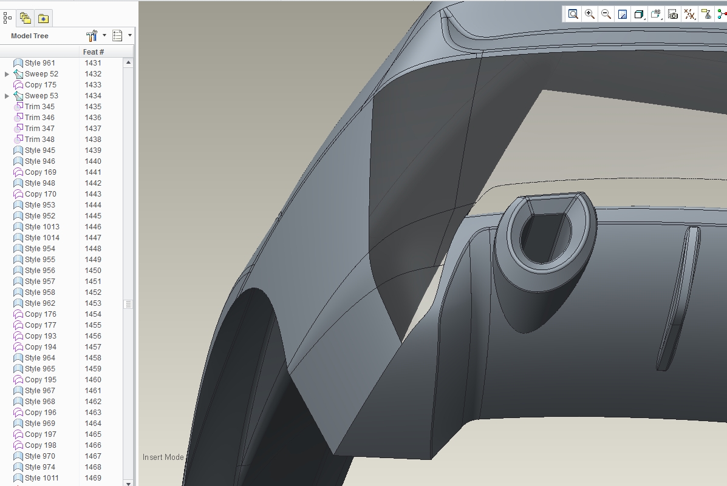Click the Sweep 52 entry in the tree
pyautogui.click(x=41, y=74)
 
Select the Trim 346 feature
pyautogui.click(x=39, y=118)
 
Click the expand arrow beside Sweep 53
pyautogui.click(x=7, y=96)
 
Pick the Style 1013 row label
pyautogui.click(x=42, y=227)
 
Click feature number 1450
pyautogui.click(x=93, y=271)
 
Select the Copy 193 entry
pyautogui.click(x=40, y=336)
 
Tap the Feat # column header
pyautogui.click(x=93, y=52)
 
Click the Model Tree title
pyautogui.click(x=30, y=36)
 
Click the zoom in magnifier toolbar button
pyautogui.click(x=590, y=15)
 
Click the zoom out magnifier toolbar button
pyautogui.click(x=606, y=15)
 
